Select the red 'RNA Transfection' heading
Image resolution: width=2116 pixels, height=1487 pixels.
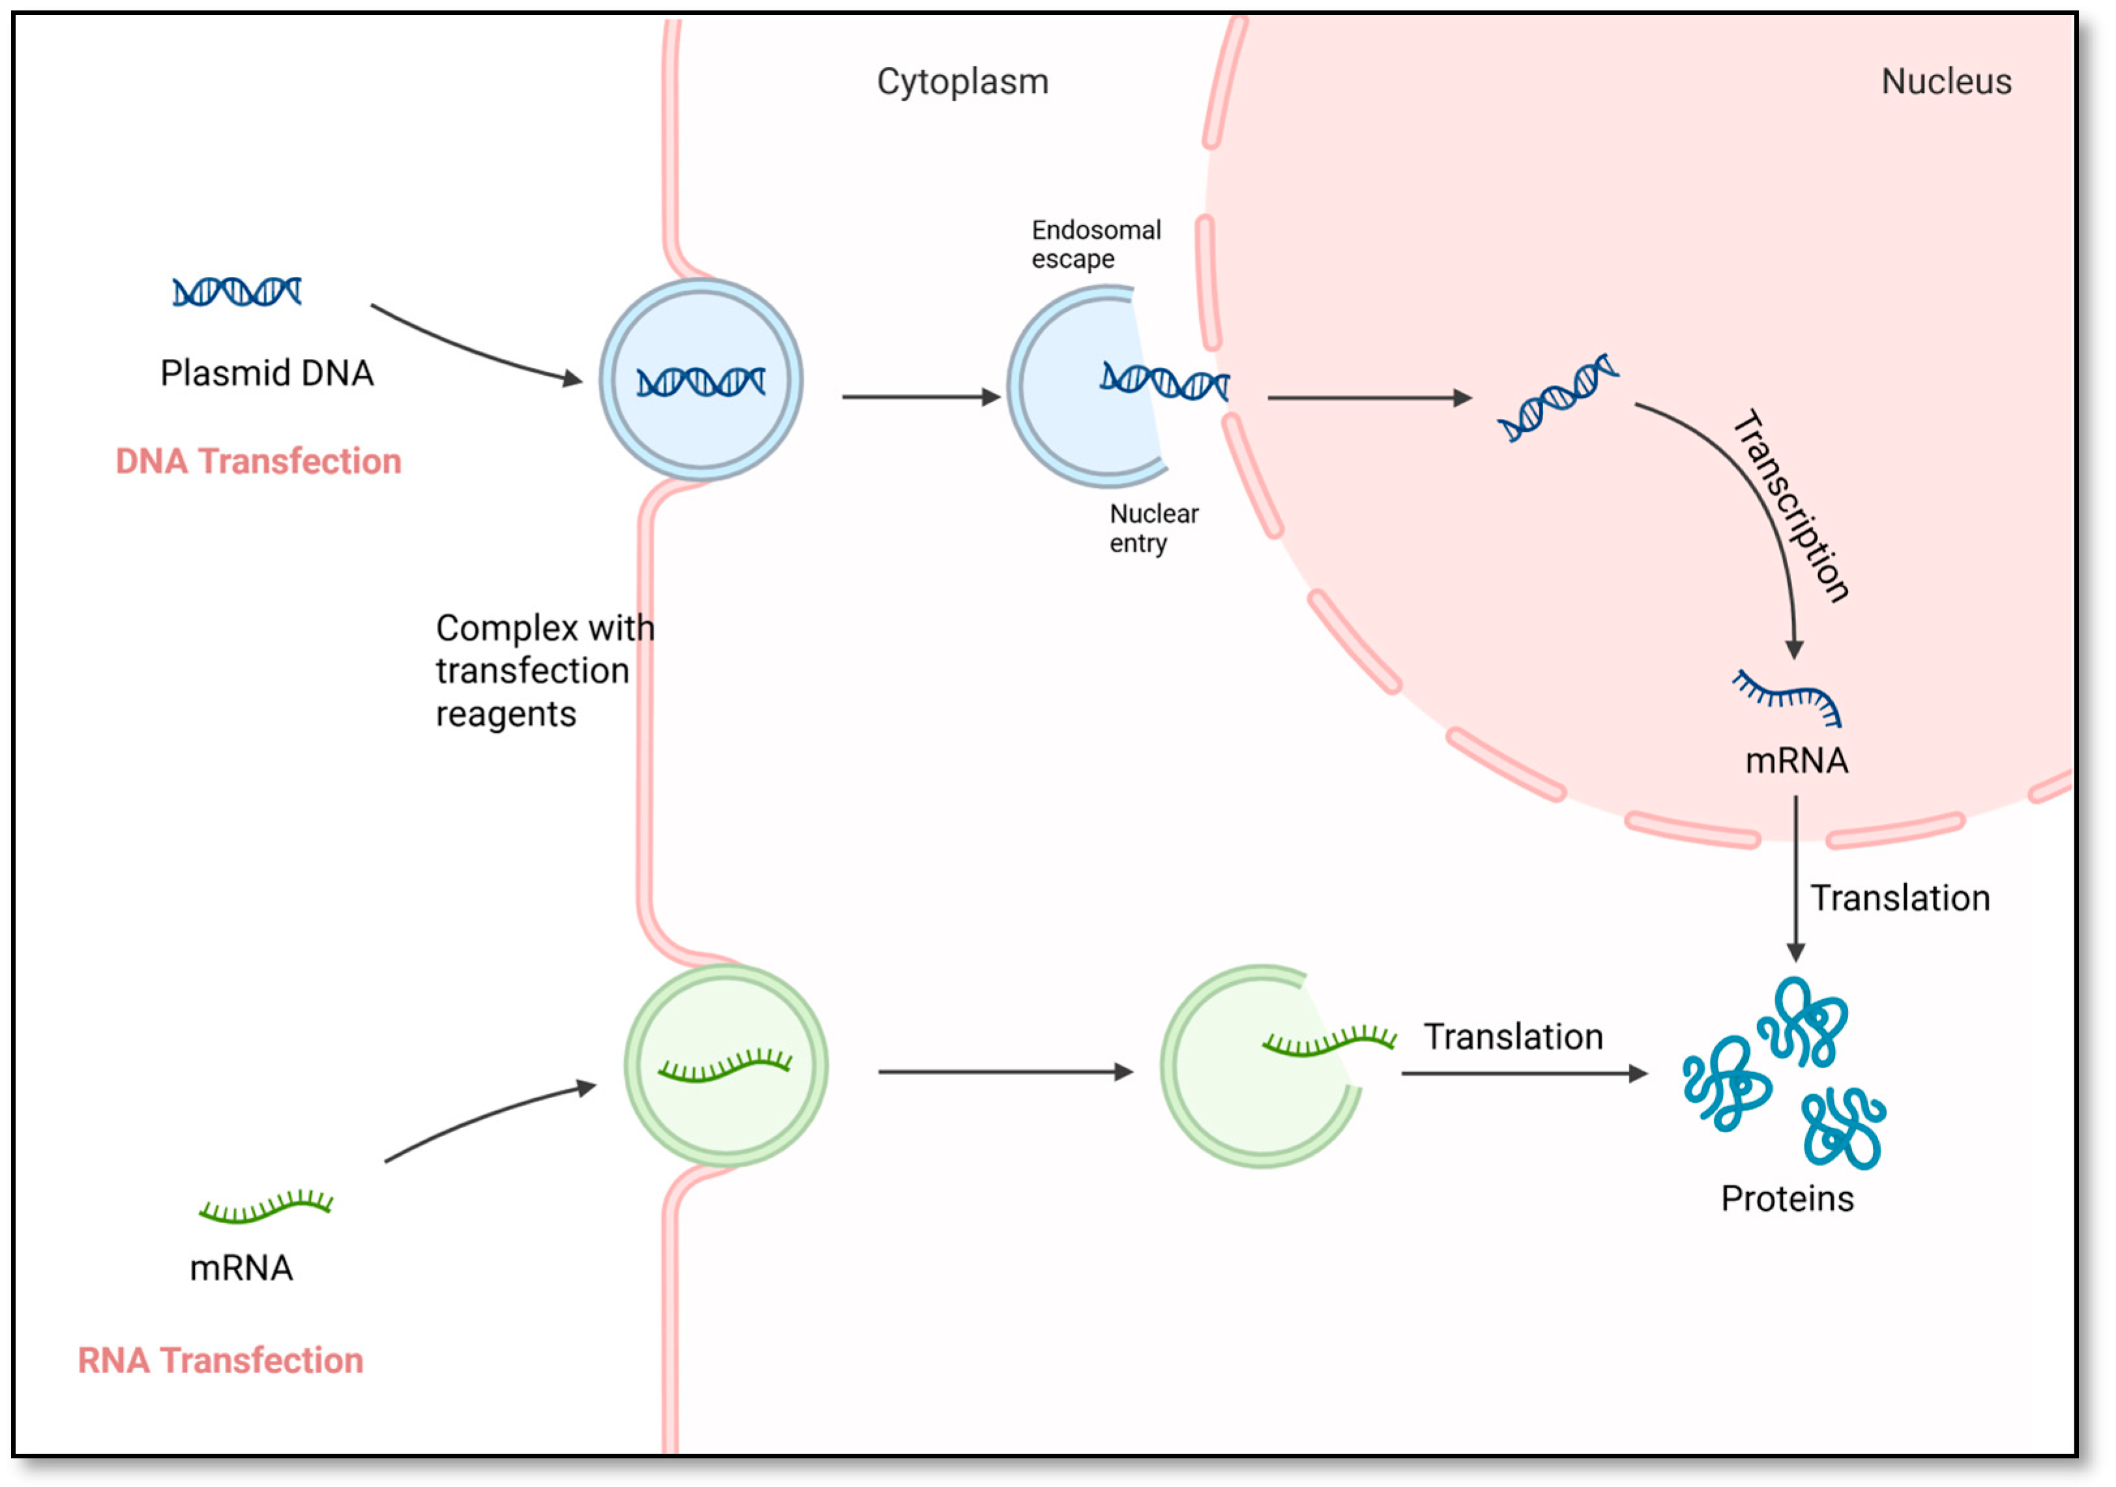pyautogui.click(x=220, y=1361)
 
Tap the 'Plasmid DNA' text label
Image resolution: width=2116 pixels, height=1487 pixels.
pyautogui.click(x=267, y=373)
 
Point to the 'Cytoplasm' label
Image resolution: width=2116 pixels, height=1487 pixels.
pyautogui.click(x=963, y=83)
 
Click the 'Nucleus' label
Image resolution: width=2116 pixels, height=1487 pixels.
pyautogui.click(x=1947, y=82)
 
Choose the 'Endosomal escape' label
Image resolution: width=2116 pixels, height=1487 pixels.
pyautogui.click(x=1095, y=244)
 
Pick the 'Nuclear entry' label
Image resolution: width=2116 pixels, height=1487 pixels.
pyautogui.click(x=1154, y=528)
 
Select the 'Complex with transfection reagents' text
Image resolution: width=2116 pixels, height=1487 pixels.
pyautogui.click(x=545, y=671)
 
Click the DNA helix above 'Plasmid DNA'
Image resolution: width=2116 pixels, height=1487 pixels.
pyautogui.click(x=237, y=292)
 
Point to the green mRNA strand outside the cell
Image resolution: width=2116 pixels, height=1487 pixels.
pyautogui.click(x=265, y=1207)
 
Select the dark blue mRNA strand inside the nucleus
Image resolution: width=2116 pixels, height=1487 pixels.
pyautogui.click(x=1787, y=698)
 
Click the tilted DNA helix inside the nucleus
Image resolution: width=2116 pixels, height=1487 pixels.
pyautogui.click(x=1558, y=398)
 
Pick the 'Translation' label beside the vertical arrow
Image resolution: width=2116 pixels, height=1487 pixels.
pyautogui.click(x=1900, y=898)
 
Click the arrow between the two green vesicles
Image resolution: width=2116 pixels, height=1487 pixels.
pyautogui.click(x=1006, y=1071)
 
